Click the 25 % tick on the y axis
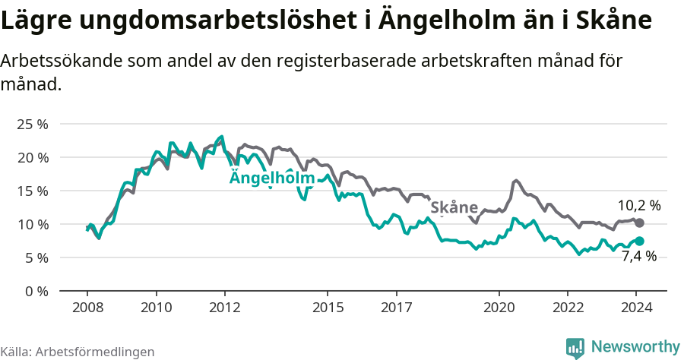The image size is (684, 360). (33, 124)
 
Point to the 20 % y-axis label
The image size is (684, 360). (33, 157)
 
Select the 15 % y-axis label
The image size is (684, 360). (33, 191)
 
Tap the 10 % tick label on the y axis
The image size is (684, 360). (33, 224)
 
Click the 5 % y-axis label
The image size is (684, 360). (36, 257)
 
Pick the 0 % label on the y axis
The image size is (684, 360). (36, 291)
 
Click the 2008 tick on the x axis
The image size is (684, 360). (87, 308)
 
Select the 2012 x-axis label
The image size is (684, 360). (225, 308)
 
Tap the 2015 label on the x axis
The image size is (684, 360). (328, 308)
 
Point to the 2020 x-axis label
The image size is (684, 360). (499, 308)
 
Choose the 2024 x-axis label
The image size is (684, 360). (637, 308)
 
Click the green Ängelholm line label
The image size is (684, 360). (272, 178)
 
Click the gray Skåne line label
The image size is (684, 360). (454, 207)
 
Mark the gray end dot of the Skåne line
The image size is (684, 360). (639, 223)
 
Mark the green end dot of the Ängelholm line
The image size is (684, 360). (639, 241)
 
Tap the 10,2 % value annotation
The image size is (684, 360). (638, 205)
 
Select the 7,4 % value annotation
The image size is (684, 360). (638, 257)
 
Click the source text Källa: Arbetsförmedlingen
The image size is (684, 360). (78, 352)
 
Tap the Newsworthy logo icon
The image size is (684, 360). (575, 347)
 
